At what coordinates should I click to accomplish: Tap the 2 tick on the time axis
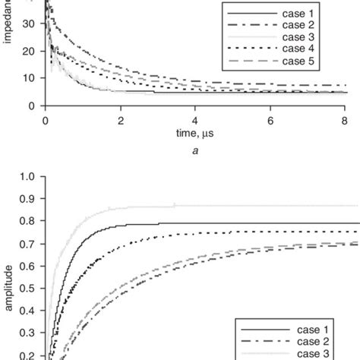[120, 120]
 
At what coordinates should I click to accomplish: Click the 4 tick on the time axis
[195, 120]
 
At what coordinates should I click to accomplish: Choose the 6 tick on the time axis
[270, 120]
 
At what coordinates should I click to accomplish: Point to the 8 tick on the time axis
[345, 120]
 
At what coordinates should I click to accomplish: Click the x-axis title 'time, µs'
[195, 135]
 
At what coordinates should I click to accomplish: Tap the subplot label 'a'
[195, 152]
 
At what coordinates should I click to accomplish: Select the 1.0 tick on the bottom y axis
[27, 178]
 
